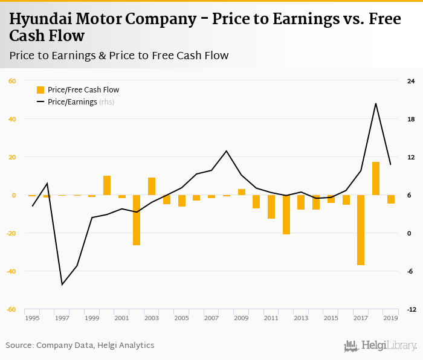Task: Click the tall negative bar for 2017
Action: pos(361,230)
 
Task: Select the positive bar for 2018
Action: pos(376,178)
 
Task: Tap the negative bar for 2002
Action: pos(137,220)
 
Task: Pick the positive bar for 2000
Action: pos(107,185)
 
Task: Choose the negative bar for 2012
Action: pos(286,214)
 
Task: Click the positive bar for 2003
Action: pos(152,186)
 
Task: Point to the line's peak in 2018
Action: pos(376,103)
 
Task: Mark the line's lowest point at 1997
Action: pos(62,284)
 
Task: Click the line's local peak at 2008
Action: pos(227,151)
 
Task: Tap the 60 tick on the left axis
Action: pos(12,81)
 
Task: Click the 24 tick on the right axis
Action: pos(411,81)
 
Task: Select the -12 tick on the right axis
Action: pos(411,309)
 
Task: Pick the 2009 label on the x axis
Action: pos(241,318)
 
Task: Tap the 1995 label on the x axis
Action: pos(32,318)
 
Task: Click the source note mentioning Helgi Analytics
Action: pos(80,346)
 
